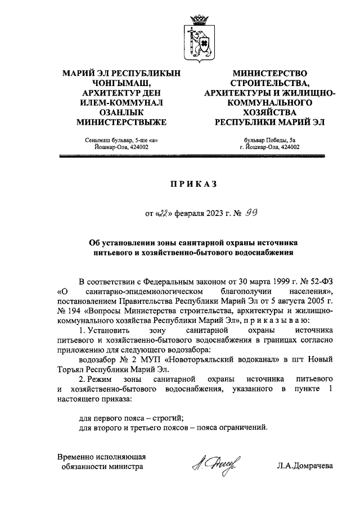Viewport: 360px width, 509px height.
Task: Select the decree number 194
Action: [75, 310]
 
